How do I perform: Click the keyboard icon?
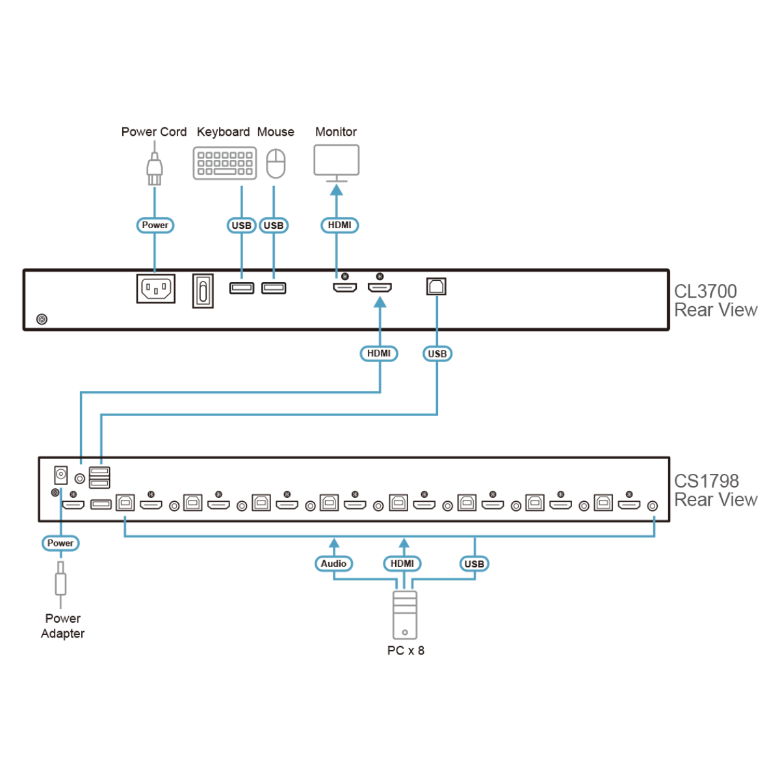[x=225, y=162]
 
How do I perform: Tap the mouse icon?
[x=276, y=162]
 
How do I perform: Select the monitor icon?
[x=336, y=161]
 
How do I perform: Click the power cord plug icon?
[x=154, y=170]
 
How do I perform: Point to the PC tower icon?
[x=405, y=615]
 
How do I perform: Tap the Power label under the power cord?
[x=155, y=225]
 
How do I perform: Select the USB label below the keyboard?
[x=241, y=226]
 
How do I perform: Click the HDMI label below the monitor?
[x=339, y=225]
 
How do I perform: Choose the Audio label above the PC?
[x=333, y=564]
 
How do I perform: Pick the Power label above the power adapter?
[x=60, y=543]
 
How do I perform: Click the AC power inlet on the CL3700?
[x=156, y=288]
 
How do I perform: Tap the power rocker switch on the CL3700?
[x=203, y=291]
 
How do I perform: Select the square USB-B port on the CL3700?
[x=436, y=286]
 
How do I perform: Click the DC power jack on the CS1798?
[x=60, y=474]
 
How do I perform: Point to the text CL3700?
[x=705, y=291]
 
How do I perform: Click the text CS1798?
[x=707, y=481]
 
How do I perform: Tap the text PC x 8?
[x=406, y=651]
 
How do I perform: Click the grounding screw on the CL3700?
[x=42, y=319]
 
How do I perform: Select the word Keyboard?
[x=223, y=132]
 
